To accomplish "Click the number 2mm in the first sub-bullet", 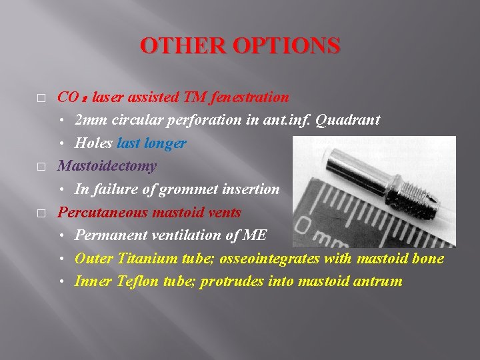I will coord(89,120).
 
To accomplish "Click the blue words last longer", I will coord(151,143).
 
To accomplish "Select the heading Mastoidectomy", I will coord(107,166).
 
